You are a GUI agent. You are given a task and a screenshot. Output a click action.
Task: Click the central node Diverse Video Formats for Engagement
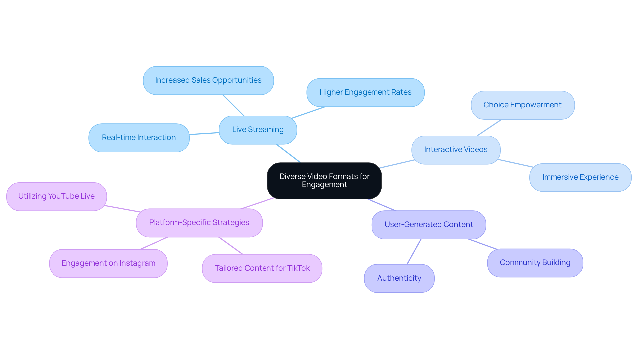tap(324, 180)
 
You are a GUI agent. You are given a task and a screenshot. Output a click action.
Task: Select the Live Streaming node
tap(258, 130)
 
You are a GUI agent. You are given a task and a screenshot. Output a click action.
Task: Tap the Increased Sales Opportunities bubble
tap(208, 80)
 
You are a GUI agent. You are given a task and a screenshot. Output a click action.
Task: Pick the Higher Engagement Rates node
tap(365, 92)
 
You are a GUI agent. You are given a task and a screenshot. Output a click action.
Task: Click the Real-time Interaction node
tap(139, 138)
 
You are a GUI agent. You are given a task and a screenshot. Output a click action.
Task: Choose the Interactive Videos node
tap(456, 150)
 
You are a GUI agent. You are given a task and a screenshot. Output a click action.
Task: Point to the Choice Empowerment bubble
tap(522, 105)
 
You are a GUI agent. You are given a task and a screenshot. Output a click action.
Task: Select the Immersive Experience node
tap(580, 177)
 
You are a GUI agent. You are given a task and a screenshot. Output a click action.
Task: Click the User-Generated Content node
tap(429, 225)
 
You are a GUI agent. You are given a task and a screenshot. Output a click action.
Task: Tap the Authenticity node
tap(399, 278)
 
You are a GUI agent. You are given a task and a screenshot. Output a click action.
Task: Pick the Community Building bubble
tap(535, 263)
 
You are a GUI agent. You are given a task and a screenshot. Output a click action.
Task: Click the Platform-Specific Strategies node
tap(199, 223)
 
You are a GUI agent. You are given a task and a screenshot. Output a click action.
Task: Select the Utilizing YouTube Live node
tap(56, 196)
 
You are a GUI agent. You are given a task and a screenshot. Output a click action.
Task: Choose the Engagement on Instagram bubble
tap(108, 263)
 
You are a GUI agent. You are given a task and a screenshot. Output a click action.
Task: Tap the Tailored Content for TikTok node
tap(262, 268)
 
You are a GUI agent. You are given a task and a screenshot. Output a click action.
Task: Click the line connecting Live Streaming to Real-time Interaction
tap(204, 133)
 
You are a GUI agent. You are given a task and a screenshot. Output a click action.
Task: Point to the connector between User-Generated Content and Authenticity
tap(414, 252)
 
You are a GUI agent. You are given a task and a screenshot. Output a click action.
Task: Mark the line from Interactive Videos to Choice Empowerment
tap(489, 128)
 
